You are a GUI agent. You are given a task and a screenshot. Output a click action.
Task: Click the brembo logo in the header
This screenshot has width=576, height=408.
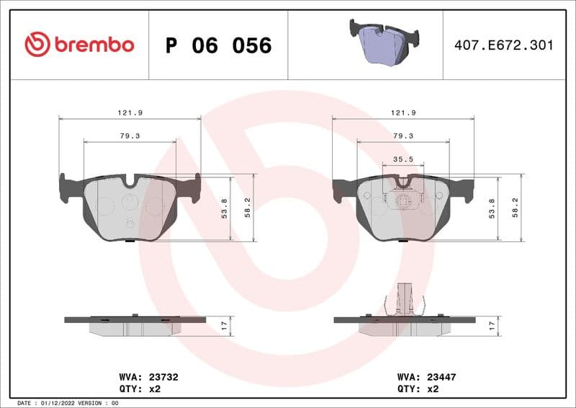79,45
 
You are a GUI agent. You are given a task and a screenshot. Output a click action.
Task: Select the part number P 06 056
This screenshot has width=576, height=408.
218,45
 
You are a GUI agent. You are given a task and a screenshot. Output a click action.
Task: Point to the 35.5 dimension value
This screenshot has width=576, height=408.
402,159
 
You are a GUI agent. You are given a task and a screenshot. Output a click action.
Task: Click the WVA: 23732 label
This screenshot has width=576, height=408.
148,376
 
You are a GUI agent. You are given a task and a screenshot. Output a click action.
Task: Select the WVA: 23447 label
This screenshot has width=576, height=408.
427,376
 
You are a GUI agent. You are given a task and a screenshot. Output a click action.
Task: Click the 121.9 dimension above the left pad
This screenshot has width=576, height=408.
130,113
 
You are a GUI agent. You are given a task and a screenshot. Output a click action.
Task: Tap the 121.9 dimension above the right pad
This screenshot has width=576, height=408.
403,113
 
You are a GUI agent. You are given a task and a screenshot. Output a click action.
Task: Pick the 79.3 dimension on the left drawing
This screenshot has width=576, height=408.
130,136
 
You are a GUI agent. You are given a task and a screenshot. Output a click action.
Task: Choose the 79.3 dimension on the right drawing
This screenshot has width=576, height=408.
403,136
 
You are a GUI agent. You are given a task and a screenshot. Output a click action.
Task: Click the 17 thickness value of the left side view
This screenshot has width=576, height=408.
224,326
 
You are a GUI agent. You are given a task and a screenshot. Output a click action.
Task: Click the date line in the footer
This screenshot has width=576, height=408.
68,402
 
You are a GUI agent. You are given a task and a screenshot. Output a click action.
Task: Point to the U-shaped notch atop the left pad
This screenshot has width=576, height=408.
130,182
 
